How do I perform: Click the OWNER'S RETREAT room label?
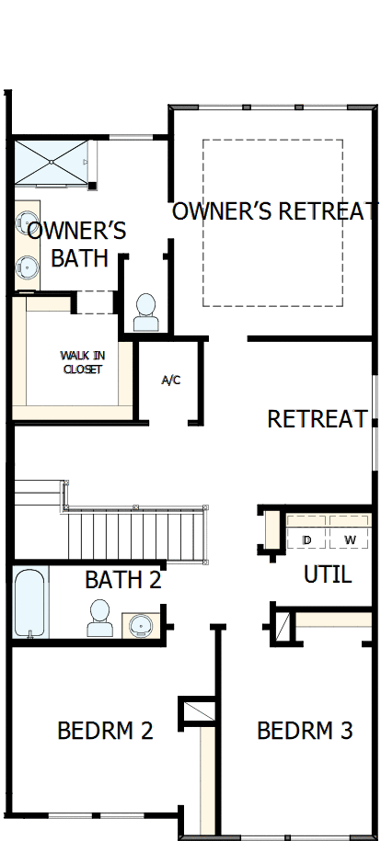275,211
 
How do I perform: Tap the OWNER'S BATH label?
77,244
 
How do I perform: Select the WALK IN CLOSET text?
81,362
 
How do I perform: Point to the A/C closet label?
171,380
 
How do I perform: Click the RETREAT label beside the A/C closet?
317,419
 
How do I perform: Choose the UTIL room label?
327,575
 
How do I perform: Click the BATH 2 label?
122,580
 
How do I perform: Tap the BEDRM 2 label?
105,731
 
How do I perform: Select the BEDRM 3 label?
305,731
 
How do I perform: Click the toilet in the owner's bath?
145,313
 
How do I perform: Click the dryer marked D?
306,539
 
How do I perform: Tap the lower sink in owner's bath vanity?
26,267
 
